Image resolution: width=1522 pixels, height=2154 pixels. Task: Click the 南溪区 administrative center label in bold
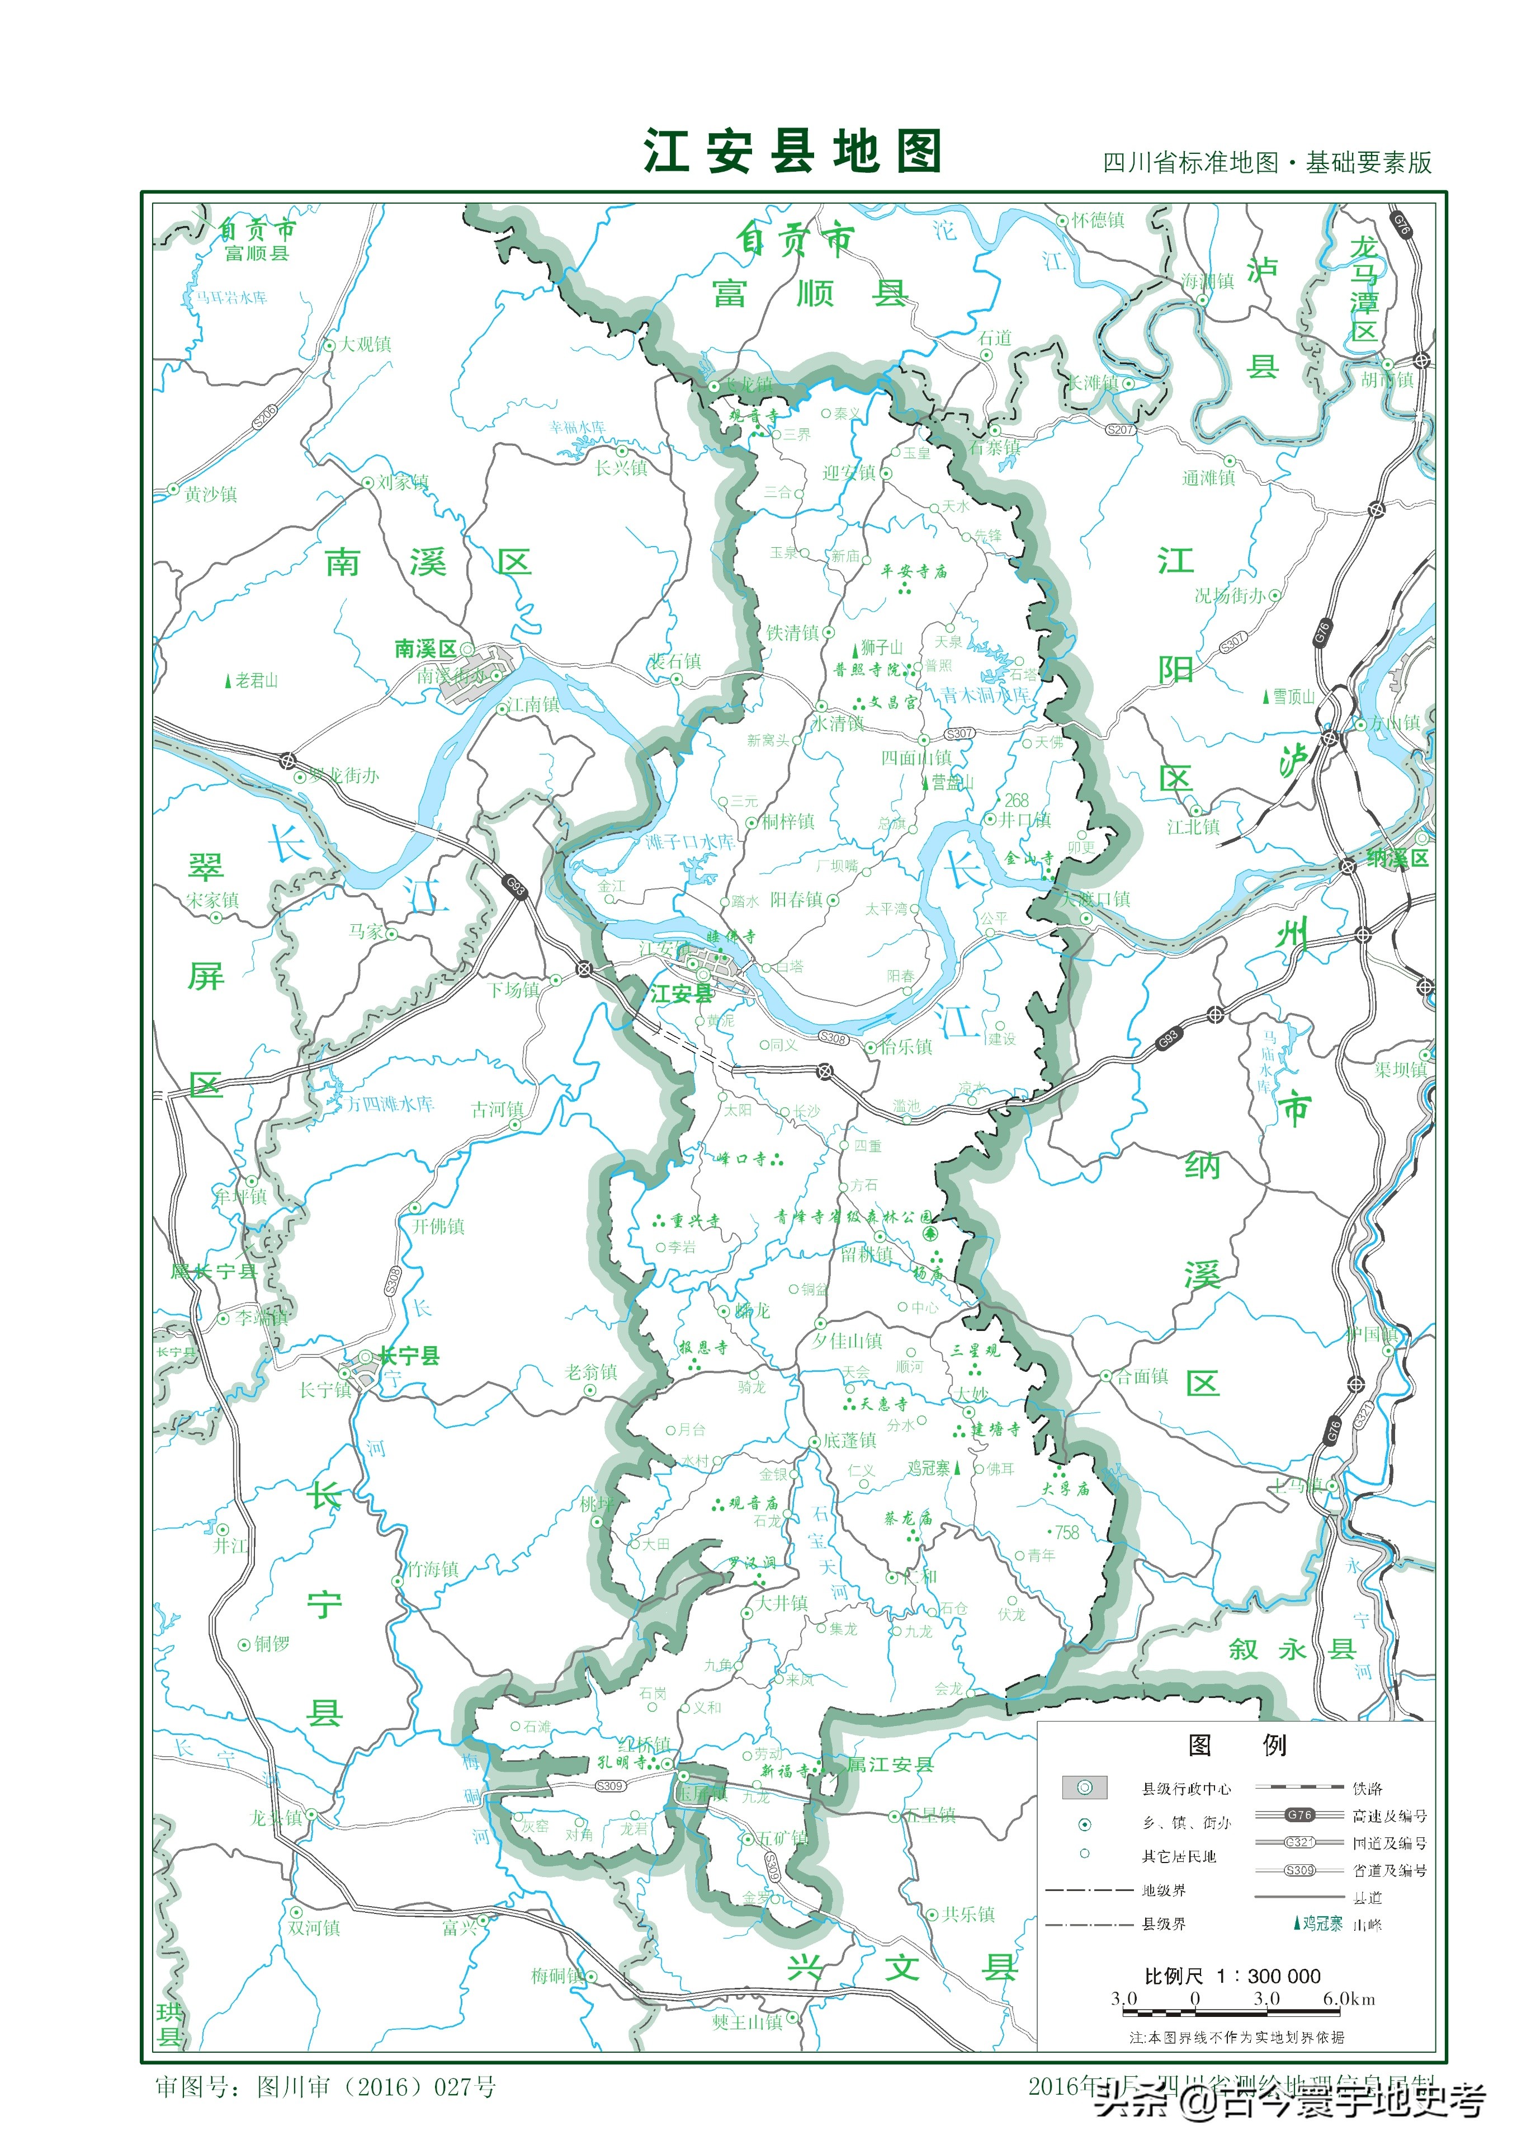[425, 648]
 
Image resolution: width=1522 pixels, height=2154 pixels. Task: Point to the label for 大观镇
[365, 344]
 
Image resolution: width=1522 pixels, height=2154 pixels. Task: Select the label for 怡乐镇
[906, 1047]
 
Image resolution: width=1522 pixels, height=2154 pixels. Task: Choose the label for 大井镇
[782, 1602]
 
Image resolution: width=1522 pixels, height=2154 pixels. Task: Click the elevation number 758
[1067, 1532]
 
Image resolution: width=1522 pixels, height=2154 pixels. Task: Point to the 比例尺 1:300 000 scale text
[1232, 1975]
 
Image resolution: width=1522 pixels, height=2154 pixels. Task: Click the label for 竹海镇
[432, 1569]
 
